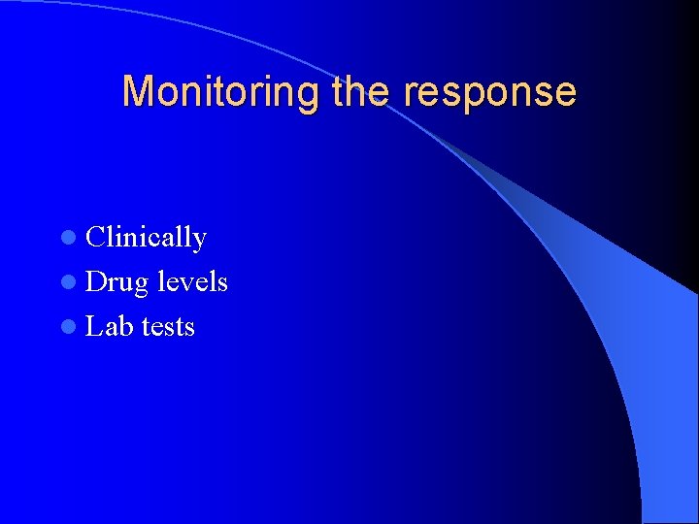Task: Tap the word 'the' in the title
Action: (x=362, y=92)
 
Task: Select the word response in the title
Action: (x=489, y=92)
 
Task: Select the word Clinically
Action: (x=146, y=238)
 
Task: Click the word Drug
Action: (x=116, y=282)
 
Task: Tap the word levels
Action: (x=192, y=282)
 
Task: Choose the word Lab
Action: (x=109, y=327)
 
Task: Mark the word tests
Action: (x=168, y=327)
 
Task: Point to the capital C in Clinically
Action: (x=95, y=238)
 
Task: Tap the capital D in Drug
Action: (x=96, y=282)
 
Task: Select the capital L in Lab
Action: (x=93, y=327)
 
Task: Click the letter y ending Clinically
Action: (x=200, y=241)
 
